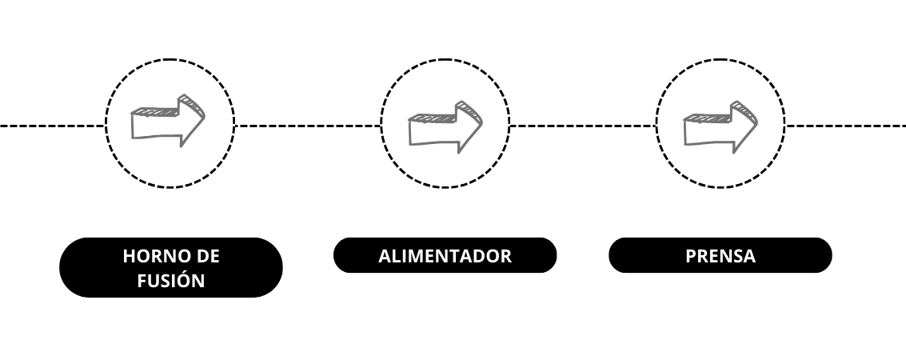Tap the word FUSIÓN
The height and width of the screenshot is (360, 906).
click(x=171, y=280)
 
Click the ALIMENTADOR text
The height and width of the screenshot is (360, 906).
click(x=445, y=256)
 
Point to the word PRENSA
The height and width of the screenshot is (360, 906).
click(x=720, y=256)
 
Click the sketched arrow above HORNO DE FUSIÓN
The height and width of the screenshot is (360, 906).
click(x=168, y=121)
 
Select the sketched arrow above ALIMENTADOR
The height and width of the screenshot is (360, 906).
click(x=445, y=127)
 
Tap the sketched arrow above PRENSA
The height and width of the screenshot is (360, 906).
click(x=720, y=127)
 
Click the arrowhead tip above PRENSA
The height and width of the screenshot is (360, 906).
click(x=757, y=122)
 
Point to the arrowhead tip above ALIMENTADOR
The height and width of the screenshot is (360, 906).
click(x=482, y=122)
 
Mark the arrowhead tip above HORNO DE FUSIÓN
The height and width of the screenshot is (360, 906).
click(x=205, y=117)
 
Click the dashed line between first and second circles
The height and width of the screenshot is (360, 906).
click(x=307, y=126)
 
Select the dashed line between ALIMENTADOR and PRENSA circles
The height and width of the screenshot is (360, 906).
click(x=582, y=126)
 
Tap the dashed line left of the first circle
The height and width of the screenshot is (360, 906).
click(x=53, y=126)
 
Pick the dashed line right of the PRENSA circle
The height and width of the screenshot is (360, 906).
click(x=845, y=126)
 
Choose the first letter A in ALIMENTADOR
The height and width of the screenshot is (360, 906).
click(x=385, y=256)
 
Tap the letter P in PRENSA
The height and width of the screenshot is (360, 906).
click(x=691, y=256)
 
